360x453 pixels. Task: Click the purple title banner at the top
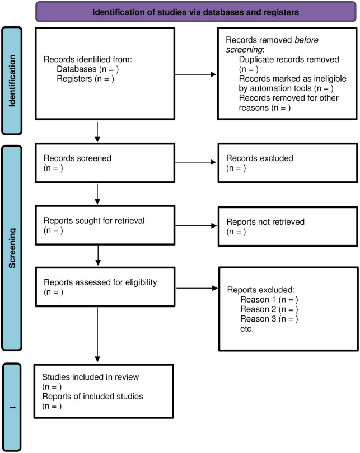click(x=196, y=12)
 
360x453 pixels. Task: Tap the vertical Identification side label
click(x=12, y=81)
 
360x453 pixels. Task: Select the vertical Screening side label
click(x=12, y=248)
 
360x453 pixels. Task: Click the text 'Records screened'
click(x=77, y=158)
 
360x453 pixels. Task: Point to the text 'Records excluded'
click(x=260, y=158)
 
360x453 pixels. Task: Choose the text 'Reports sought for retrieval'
click(x=94, y=221)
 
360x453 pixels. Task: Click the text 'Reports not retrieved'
click(x=265, y=222)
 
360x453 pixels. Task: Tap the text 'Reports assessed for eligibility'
click(x=100, y=282)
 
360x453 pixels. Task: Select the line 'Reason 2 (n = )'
click(x=269, y=309)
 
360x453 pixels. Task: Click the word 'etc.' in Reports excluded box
click(x=247, y=329)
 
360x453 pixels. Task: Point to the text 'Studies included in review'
click(x=91, y=377)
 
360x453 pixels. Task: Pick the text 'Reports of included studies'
click(x=92, y=397)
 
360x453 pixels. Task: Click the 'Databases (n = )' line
click(x=87, y=69)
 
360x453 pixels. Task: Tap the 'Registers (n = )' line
click(x=85, y=79)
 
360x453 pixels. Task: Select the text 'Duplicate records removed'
click(x=289, y=59)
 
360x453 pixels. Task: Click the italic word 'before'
click(x=306, y=40)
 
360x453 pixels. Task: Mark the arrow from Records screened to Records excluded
click(x=195, y=162)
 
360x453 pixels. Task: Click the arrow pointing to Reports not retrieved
click(x=196, y=225)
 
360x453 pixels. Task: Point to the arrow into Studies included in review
click(x=97, y=334)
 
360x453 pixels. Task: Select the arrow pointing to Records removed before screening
click(x=195, y=74)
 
